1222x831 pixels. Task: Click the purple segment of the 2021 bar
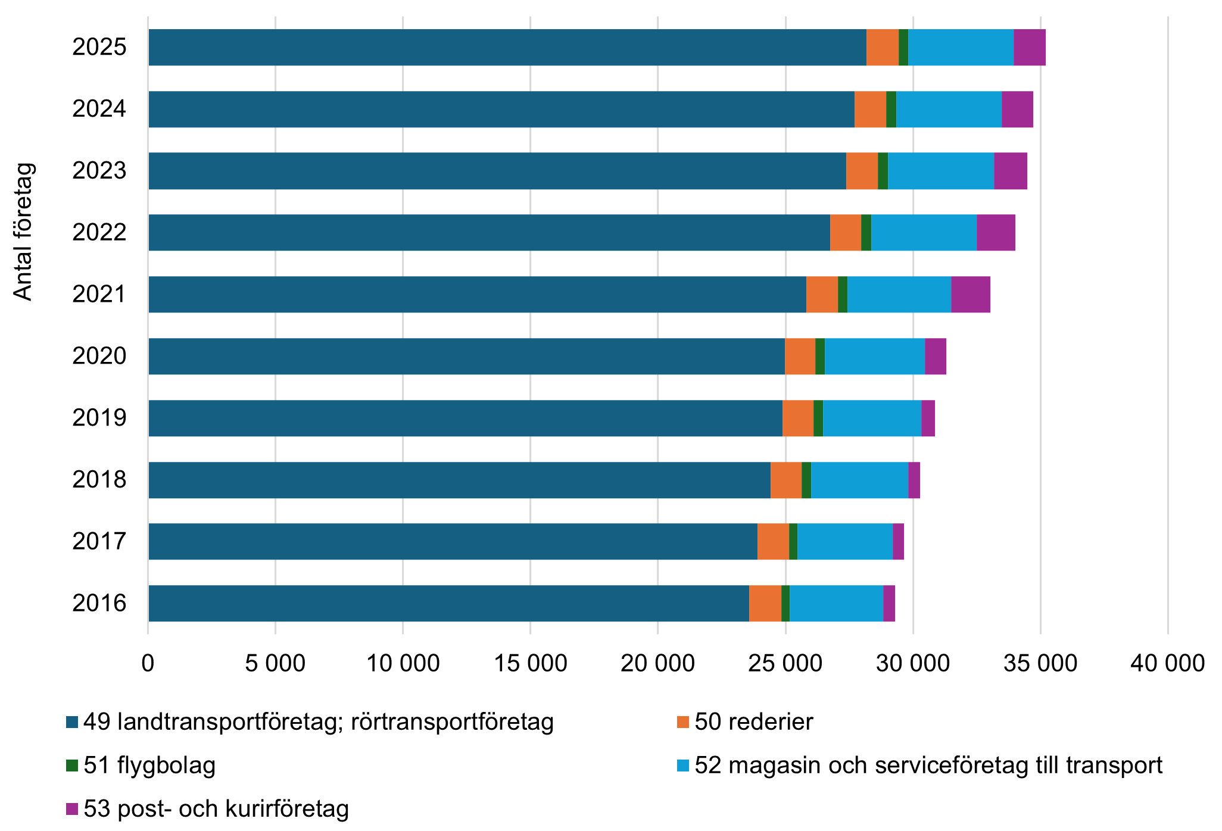[970, 294]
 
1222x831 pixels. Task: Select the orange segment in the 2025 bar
[882, 47]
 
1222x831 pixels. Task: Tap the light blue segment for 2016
[836, 603]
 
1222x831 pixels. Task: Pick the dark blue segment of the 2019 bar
[465, 418]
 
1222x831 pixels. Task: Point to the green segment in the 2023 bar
[883, 171]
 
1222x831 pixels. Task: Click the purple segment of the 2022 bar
[996, 232]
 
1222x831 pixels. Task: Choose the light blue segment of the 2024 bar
[949, 109]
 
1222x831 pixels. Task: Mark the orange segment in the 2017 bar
[773, 541]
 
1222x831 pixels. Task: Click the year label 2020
[99, 356]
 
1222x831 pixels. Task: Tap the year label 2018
[99, 480]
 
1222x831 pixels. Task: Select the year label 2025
[99, 47]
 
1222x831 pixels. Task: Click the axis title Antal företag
[23, 232]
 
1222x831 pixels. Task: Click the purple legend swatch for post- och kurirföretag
[72, 809]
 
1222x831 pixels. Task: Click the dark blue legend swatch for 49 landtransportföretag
[72, 722]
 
